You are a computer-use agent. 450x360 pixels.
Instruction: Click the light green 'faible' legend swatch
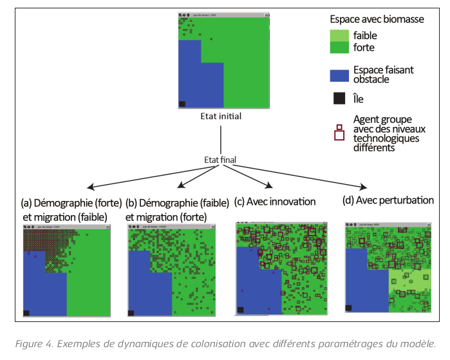(339, 36)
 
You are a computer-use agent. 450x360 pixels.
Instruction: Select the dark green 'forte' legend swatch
(339, 48)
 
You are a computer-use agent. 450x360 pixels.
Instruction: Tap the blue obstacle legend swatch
(339, 75)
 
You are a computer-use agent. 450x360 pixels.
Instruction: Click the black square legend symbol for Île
(339, 99)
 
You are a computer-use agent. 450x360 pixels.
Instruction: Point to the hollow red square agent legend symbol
(339, 134)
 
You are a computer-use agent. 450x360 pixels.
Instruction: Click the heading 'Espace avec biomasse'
(377, 19)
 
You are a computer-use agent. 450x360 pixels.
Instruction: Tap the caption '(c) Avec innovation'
(275, 202)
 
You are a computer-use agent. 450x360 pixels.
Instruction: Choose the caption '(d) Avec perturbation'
(388, 200)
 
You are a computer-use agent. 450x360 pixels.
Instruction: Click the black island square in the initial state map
(182, 104)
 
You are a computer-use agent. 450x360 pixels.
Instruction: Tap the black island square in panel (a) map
(26, 313)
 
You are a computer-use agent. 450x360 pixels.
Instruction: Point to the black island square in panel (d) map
(349, 308)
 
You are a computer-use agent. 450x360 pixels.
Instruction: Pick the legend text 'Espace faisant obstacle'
(383, 75)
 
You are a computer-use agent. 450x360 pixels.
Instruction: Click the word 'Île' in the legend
(359, 99)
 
